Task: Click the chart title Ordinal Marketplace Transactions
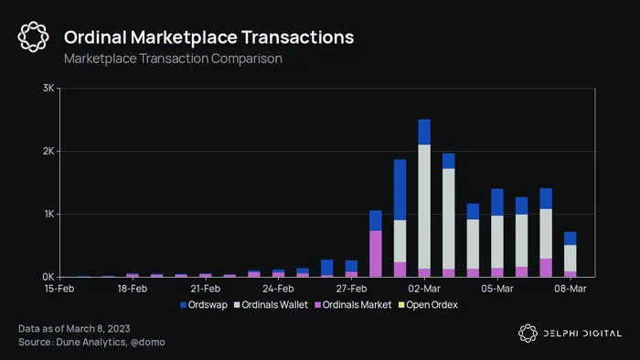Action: point(208,37)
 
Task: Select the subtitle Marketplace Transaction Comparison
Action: point(173,58)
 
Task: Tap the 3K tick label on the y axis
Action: point(48,88)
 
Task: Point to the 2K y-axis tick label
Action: point(48,152)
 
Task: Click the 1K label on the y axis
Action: point(49,214)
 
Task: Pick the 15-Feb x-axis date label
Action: point(59,289)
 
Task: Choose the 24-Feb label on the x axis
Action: point(278,289)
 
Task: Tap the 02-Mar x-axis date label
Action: point(424,289)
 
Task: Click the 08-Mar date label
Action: point(571,289)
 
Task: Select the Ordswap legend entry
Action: point(204,305)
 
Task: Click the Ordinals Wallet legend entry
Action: point(271,305)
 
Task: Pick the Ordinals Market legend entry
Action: point(353,305)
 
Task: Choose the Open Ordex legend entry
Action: point(428,305)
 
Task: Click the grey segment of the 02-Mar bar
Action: point(424,206)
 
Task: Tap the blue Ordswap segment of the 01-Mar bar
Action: point(400,190)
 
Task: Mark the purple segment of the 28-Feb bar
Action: point(376,254)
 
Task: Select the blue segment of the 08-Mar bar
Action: point(571,238)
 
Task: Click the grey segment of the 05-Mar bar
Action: point(497,242)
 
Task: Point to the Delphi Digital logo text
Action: point(582,334)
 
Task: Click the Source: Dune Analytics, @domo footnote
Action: point(91,342)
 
